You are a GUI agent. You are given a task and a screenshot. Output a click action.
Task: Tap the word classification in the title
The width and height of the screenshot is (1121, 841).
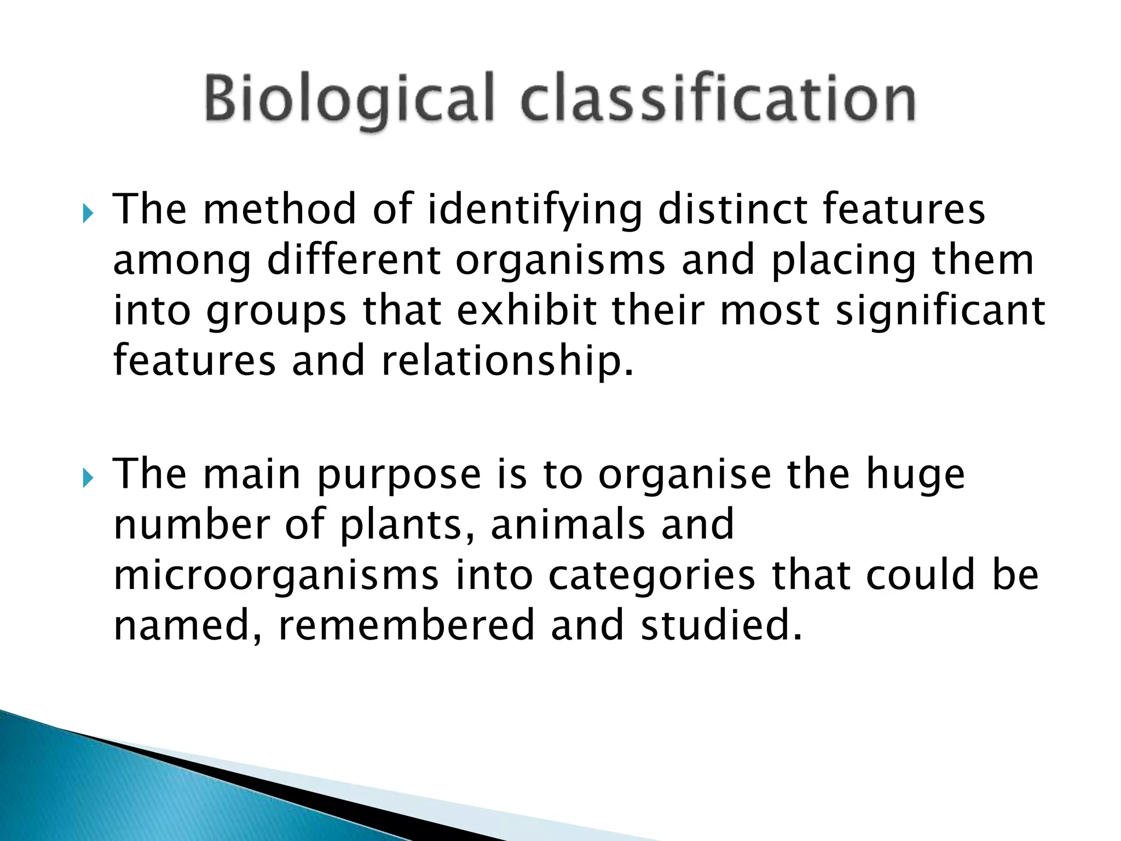click(718, 99)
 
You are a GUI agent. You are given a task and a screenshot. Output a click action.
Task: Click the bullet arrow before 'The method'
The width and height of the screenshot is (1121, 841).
click(88, 213)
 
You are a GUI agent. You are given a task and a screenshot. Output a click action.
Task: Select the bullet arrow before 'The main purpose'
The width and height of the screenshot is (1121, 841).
click(88, 478)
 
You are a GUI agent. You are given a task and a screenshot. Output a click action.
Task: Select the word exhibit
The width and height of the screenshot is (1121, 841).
click(526, 310)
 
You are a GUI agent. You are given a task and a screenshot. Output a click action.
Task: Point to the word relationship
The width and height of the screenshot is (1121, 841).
click(507, 362)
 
